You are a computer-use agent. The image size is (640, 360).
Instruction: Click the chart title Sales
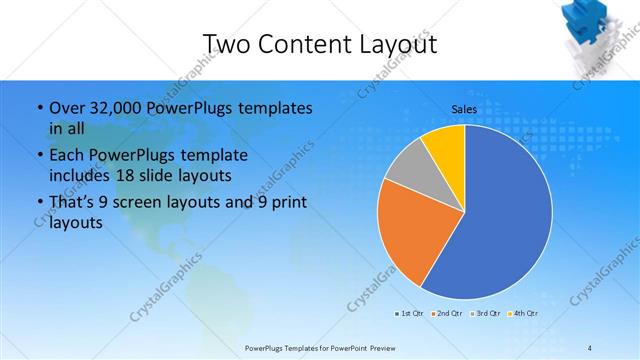coord(463,107)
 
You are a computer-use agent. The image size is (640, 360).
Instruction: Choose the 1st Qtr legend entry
coord(410,314)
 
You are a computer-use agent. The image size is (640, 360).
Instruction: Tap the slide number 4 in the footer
coord(590,346)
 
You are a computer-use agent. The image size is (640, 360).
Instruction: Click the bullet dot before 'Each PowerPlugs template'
coord(38,156)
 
